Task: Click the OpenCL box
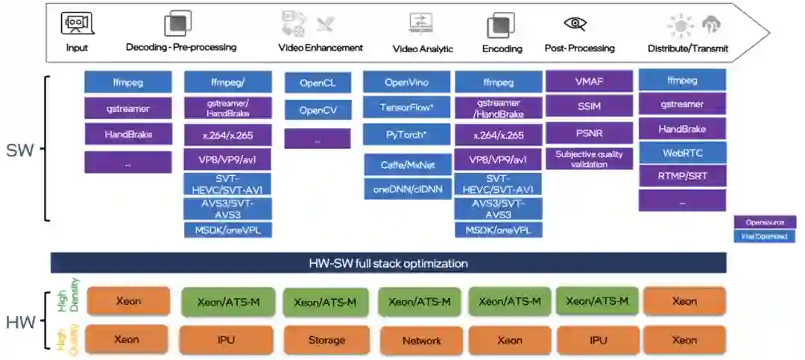(317, 83)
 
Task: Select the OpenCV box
(317, 110)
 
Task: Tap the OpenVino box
(406, 83)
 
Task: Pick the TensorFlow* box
(406, 107)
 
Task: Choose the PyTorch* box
(406, 135)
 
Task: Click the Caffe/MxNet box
(406, 164)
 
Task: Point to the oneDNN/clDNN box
(406, 189)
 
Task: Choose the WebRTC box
(682, 153)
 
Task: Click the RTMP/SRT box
(682, 177)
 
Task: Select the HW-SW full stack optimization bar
(388, 263)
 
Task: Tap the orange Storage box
(326, 340)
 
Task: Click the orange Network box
(421, 341)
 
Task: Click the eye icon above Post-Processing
(575, 24)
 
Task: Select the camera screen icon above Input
(76, 24)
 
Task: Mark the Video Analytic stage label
(423, 49)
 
